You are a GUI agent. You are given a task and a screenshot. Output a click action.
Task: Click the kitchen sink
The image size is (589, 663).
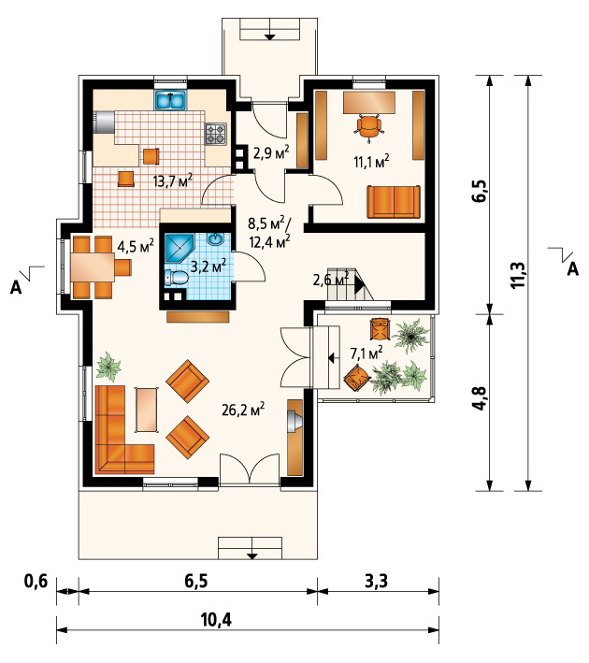pos(171,101)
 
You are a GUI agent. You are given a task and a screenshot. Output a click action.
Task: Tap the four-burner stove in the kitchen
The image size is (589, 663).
pos(216,134)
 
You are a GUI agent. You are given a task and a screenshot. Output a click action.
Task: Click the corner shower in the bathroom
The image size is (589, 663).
pos(180,248)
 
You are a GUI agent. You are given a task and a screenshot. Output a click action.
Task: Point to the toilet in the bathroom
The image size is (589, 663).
pos(177,278)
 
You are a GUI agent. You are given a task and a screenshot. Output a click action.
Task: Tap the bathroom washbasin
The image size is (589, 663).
pos(215,239)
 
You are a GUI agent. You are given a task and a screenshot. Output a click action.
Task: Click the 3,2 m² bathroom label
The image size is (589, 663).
pos(208,266)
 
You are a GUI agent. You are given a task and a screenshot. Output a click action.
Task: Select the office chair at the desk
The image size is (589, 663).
pos(369,125)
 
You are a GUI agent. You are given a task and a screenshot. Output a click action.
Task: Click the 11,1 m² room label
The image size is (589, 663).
pos(371,162)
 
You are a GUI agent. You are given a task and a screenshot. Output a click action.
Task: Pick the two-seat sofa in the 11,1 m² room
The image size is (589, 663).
pos(394,202)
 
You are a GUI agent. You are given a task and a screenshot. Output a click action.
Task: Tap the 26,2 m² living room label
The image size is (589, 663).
pos(243,409)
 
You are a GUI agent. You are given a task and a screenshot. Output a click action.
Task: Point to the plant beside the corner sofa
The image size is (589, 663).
pos(108,366)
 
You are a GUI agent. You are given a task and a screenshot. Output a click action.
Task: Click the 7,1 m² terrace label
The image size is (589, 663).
pos(366,353)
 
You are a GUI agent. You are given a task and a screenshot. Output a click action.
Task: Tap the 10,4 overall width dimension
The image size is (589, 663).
pos(216,620)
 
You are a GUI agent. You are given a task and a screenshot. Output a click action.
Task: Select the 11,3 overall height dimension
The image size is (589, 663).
pos(518,275)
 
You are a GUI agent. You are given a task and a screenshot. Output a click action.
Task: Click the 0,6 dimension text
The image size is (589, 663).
pos(36,581)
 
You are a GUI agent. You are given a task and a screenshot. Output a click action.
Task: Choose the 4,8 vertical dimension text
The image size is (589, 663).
pos(481,397)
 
